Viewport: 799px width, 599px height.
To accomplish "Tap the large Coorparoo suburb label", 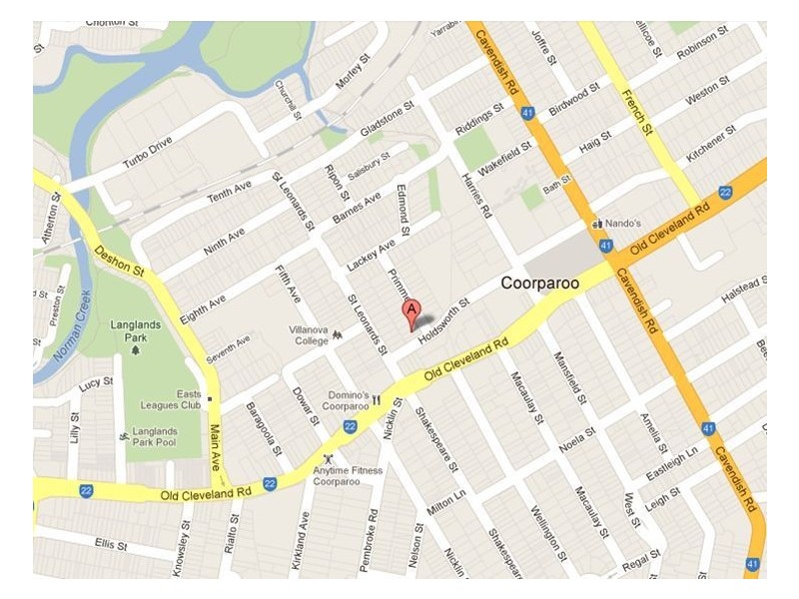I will [x=539, y=284].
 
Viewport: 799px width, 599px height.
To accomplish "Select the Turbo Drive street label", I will [x=149, y=151].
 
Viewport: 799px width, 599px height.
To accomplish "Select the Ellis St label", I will [x=111, y=546].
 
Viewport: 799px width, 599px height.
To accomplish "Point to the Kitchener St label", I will [x=711, y=145].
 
